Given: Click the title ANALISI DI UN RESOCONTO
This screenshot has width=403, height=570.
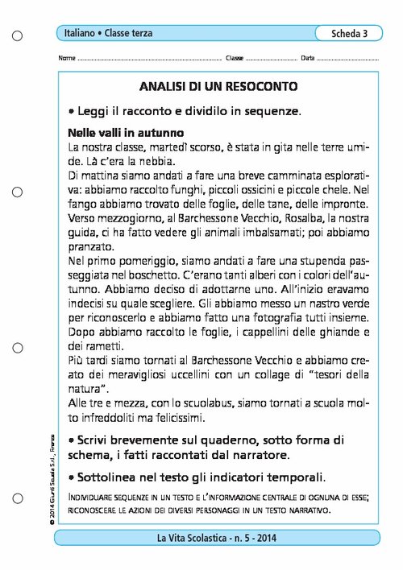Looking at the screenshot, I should [218, 85].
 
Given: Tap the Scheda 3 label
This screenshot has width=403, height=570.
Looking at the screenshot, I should [349, 34].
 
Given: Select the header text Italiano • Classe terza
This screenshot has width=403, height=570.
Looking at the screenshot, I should [109, 34].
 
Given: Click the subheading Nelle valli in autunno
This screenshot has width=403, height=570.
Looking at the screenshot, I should [126, 131].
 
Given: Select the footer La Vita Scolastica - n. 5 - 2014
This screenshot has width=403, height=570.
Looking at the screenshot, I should [218, 539].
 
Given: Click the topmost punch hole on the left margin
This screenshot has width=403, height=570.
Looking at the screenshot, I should [18, 34].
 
